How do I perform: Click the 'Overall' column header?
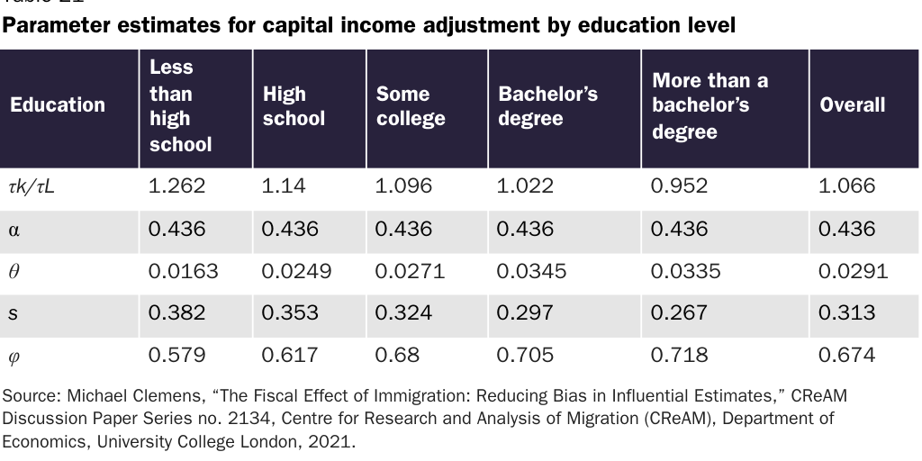tap(852, 105)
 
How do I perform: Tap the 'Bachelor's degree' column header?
tap(547, 106)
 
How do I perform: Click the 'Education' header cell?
tap(58, 105)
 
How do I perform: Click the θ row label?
tap(14, 271)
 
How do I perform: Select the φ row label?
tap(14, 356)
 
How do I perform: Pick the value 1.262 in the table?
tap(176, 186)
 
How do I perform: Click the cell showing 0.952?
tap(679, 186)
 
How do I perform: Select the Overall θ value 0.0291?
tap(853, 271)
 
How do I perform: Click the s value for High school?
tap(290, 312)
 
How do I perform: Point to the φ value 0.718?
tap(679, 355)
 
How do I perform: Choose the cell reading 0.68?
tap(397, 355)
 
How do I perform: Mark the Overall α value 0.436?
tap(846, 229)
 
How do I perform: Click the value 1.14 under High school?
tap(282, 186)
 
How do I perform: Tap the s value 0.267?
tap(679, 312)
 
